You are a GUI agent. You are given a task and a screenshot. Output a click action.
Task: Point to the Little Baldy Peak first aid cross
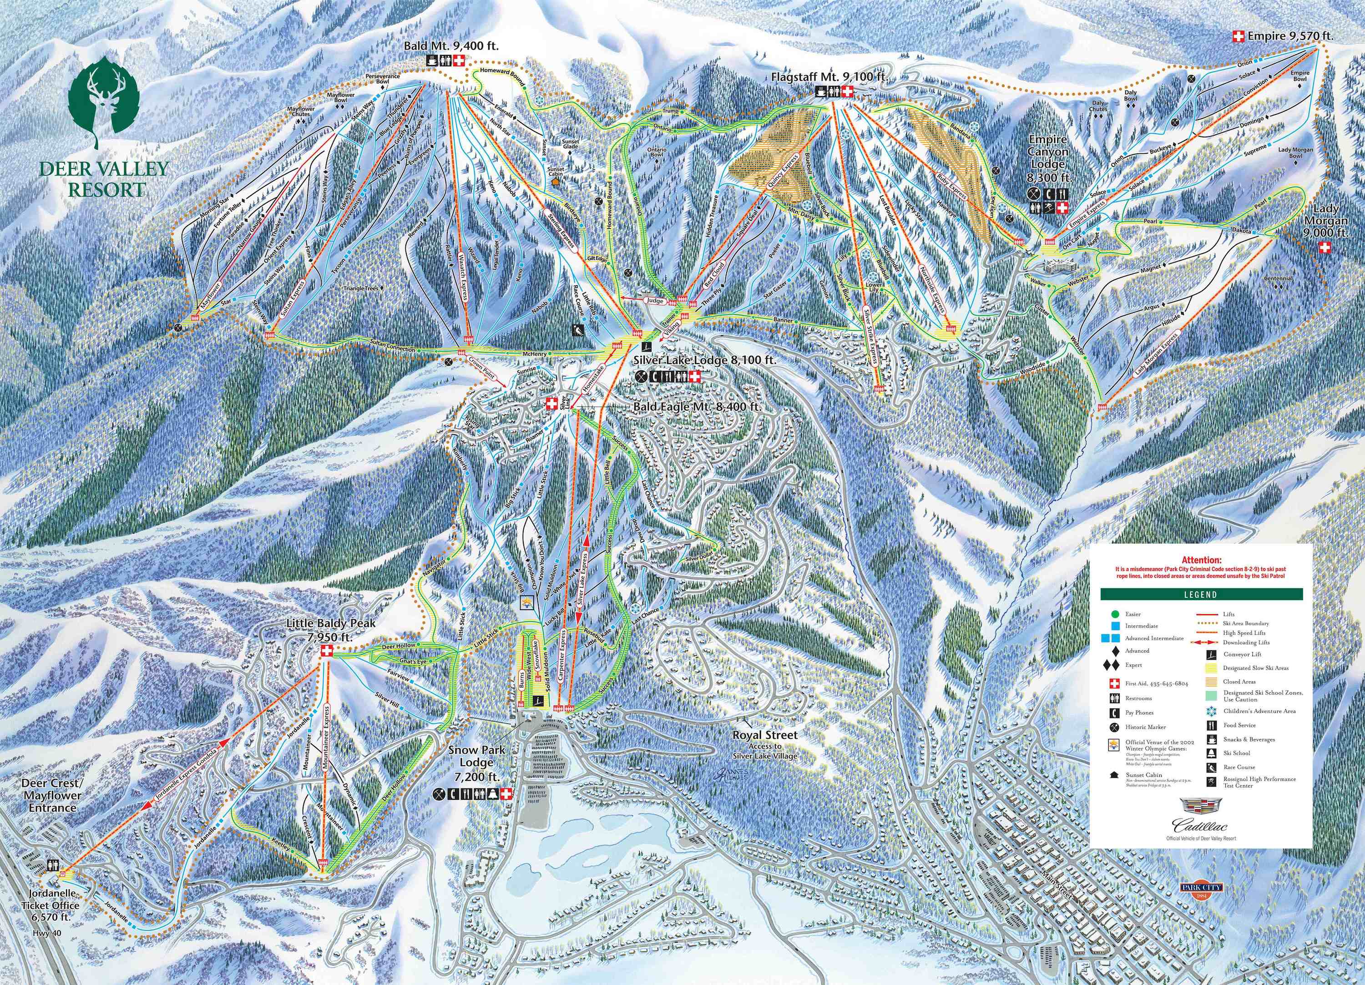pos(327,651)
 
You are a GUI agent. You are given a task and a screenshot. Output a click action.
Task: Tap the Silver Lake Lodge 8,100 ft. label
pos(704,360)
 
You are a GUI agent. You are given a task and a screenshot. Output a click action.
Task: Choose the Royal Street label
pos(764,735)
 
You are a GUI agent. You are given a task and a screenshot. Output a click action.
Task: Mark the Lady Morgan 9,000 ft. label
pos(1324,221)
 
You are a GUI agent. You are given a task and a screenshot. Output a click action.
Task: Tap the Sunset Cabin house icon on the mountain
pos(555,179)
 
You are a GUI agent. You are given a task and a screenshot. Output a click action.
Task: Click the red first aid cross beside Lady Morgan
pos(1324,248)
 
